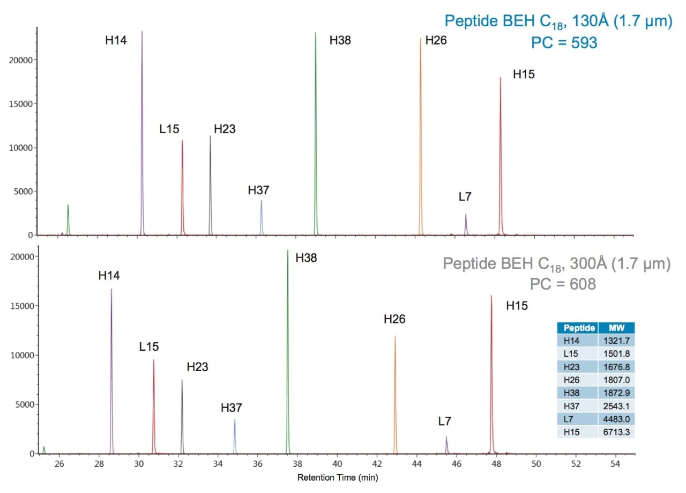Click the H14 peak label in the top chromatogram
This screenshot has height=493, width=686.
point(116,40)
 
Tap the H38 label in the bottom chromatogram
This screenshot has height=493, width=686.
point(306,258)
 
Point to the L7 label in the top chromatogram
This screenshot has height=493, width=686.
point(465,197)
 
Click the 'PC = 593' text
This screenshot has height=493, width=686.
point(564,42)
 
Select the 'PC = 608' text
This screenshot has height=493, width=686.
point(562,284)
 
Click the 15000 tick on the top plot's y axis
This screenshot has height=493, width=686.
point(21,104)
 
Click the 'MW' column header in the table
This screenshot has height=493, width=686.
point(616,328)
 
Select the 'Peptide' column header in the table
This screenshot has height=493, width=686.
point(577,328)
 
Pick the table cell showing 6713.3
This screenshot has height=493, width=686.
point(616,432)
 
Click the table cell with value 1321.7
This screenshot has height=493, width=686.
point(616,341)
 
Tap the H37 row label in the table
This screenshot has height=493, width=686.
point(577,406)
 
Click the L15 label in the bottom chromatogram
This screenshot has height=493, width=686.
point(149,347)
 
